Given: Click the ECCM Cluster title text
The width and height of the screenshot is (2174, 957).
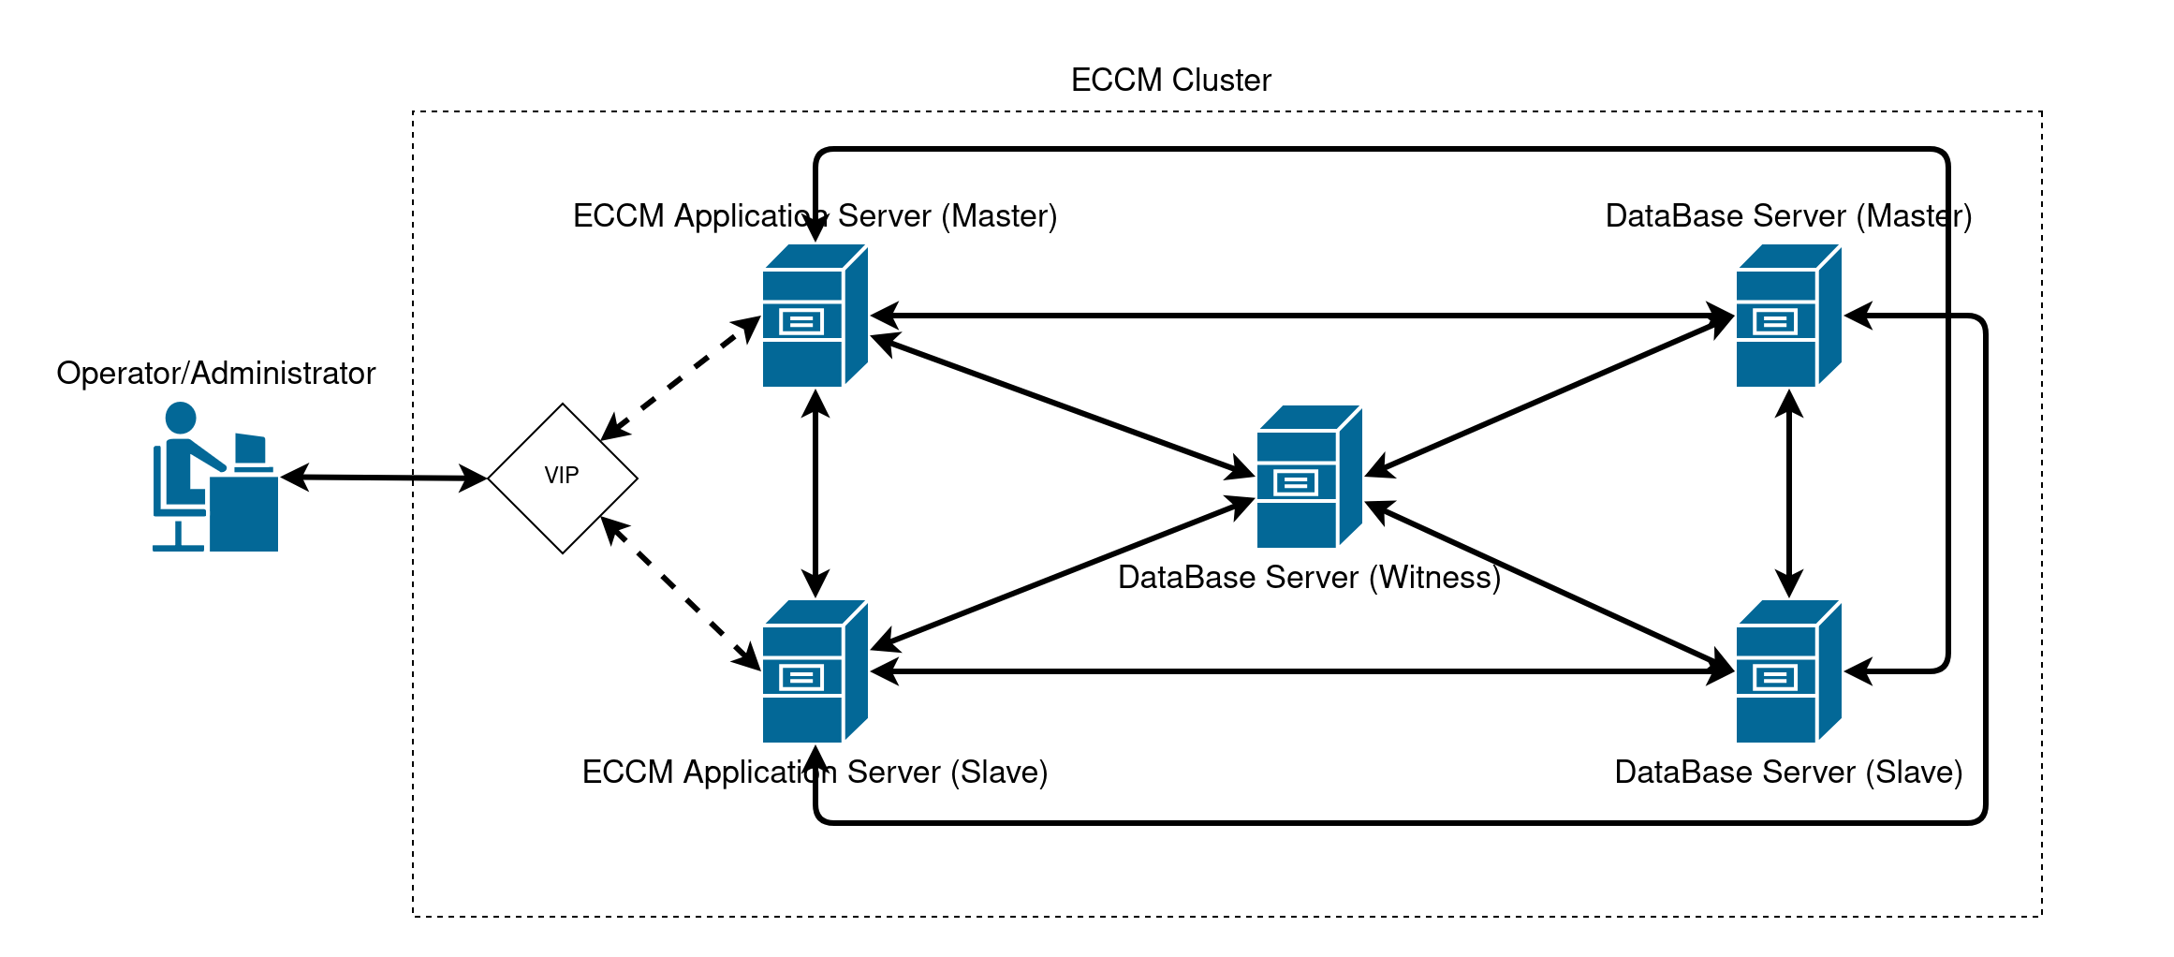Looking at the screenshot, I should [1170, 81].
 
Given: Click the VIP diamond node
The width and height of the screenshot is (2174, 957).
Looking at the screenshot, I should [562, 478].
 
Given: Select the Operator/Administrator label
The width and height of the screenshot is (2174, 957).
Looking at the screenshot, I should [215, 374].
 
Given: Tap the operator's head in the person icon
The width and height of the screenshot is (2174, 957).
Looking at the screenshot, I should [181, 418].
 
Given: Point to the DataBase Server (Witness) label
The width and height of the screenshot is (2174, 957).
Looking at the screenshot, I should [1309, 578].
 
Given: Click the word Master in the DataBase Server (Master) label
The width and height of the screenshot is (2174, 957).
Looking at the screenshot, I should [1913, 216].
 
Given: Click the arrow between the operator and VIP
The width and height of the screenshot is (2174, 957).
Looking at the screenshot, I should [384, 478].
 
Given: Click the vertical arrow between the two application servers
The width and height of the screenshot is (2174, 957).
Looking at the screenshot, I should [815, 493].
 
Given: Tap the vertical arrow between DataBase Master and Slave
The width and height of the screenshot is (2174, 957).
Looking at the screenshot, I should [1789, 493].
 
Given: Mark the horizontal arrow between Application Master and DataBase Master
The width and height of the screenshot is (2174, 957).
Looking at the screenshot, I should [1301, 316].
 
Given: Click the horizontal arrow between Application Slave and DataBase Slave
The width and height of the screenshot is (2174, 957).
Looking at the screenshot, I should [1301, 671].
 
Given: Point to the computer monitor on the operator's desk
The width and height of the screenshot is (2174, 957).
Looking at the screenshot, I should [250, 449].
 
